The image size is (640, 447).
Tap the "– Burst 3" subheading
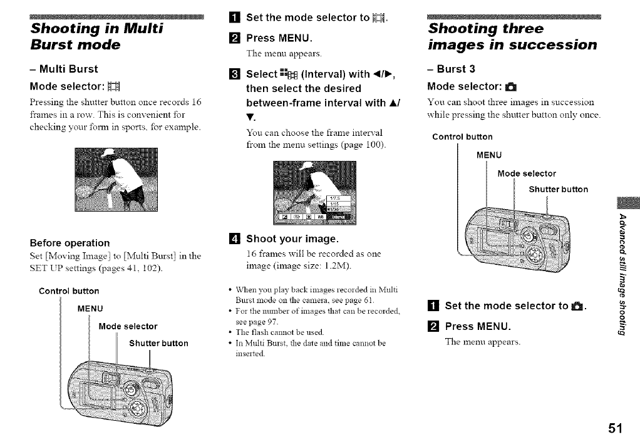point(451,69)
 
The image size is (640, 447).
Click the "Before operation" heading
point(70,243)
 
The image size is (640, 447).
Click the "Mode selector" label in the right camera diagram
point(526,173)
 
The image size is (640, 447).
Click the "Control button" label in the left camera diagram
point(69,291)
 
